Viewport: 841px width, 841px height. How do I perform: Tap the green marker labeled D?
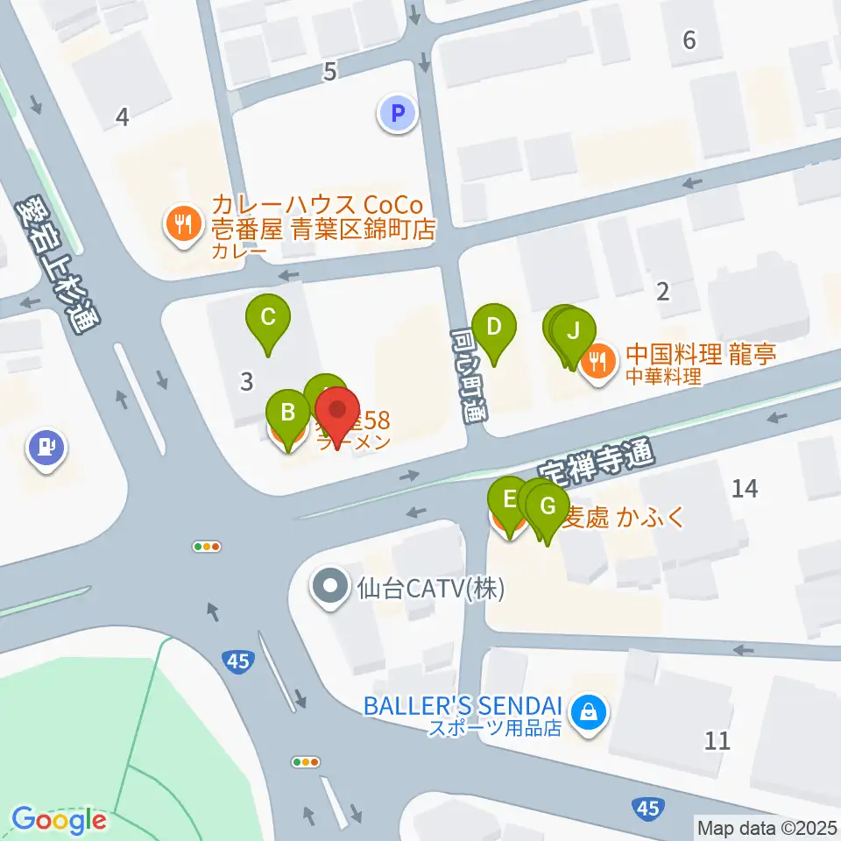493,330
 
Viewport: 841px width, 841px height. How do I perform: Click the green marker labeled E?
508,503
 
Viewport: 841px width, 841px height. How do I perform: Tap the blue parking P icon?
398,113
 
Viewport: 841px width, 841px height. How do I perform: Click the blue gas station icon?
47,449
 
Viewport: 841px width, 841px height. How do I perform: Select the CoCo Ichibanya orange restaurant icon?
181,225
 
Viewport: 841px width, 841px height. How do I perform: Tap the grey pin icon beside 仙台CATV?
330,586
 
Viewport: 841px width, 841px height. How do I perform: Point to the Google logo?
59,820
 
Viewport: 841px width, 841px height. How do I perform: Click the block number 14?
745,490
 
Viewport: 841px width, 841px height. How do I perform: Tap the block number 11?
717,741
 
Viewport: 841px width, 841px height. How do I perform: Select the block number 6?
689,39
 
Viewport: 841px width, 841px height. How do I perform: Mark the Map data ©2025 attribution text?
767,826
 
